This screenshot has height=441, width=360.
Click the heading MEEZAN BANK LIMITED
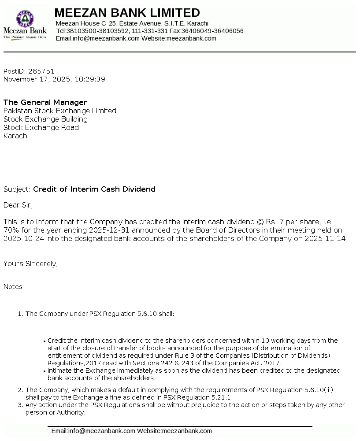pyautogui.click(x=127, y=13)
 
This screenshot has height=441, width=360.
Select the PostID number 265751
pyautogui.click(x=41, y=71)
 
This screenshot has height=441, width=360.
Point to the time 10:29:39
pyautogui.click(x=90, y=79)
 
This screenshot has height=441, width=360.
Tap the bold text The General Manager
pyautogui.click(x=45, y=103)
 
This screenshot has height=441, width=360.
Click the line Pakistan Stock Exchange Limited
pyautogui.click(x=60, y=111)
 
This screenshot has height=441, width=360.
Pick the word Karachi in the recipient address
pyautogui.click(x=16, y=136)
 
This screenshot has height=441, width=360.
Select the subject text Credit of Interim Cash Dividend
pyautogui.click(x=94, y=189)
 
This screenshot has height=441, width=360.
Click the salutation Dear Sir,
pyautogui.click(x=18, y=205)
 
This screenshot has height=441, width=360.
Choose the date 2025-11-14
pyautogui.click(x=325, y=239)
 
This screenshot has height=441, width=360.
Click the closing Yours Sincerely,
pyautogui.click(x=31, y=264)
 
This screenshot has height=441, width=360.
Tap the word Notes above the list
pyautogui.click(x=13, y=287)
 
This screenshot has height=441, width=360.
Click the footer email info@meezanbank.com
pyautogui.click(x=101, y=431)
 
